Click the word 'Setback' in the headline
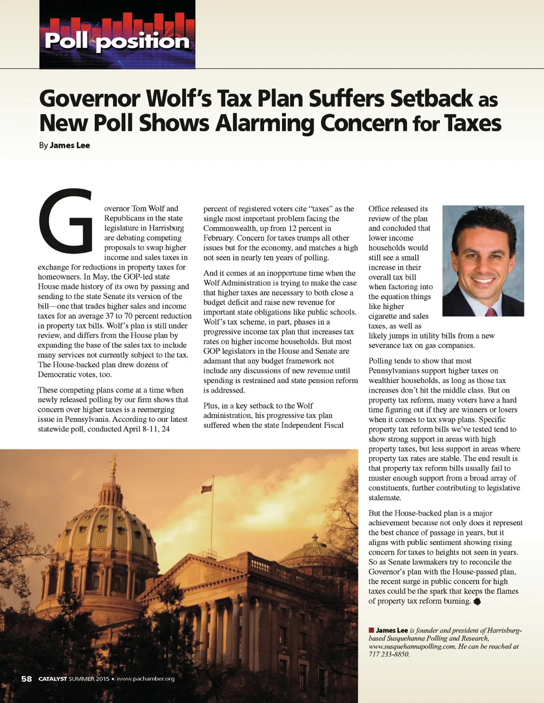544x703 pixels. pyautogui.click(x=431, y=99)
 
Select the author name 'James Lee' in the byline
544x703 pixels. pyautogui.click(x=70, y=145)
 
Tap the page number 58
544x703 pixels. pyautogui.click(x=27, y=679)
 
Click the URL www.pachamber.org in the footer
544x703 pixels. pyautogui.click(x=146, y=679)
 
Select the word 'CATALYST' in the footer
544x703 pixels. pyautogui.click(x=53, y=679)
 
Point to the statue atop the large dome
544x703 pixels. pyautogui.click(x=113, y=465)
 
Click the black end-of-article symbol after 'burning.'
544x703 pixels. pyautogui.click(x=477, y=601)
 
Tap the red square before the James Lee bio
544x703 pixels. pyautogui.click(x=371, y=630)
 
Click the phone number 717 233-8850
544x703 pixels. pyautogui.click(x=389, y=654)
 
